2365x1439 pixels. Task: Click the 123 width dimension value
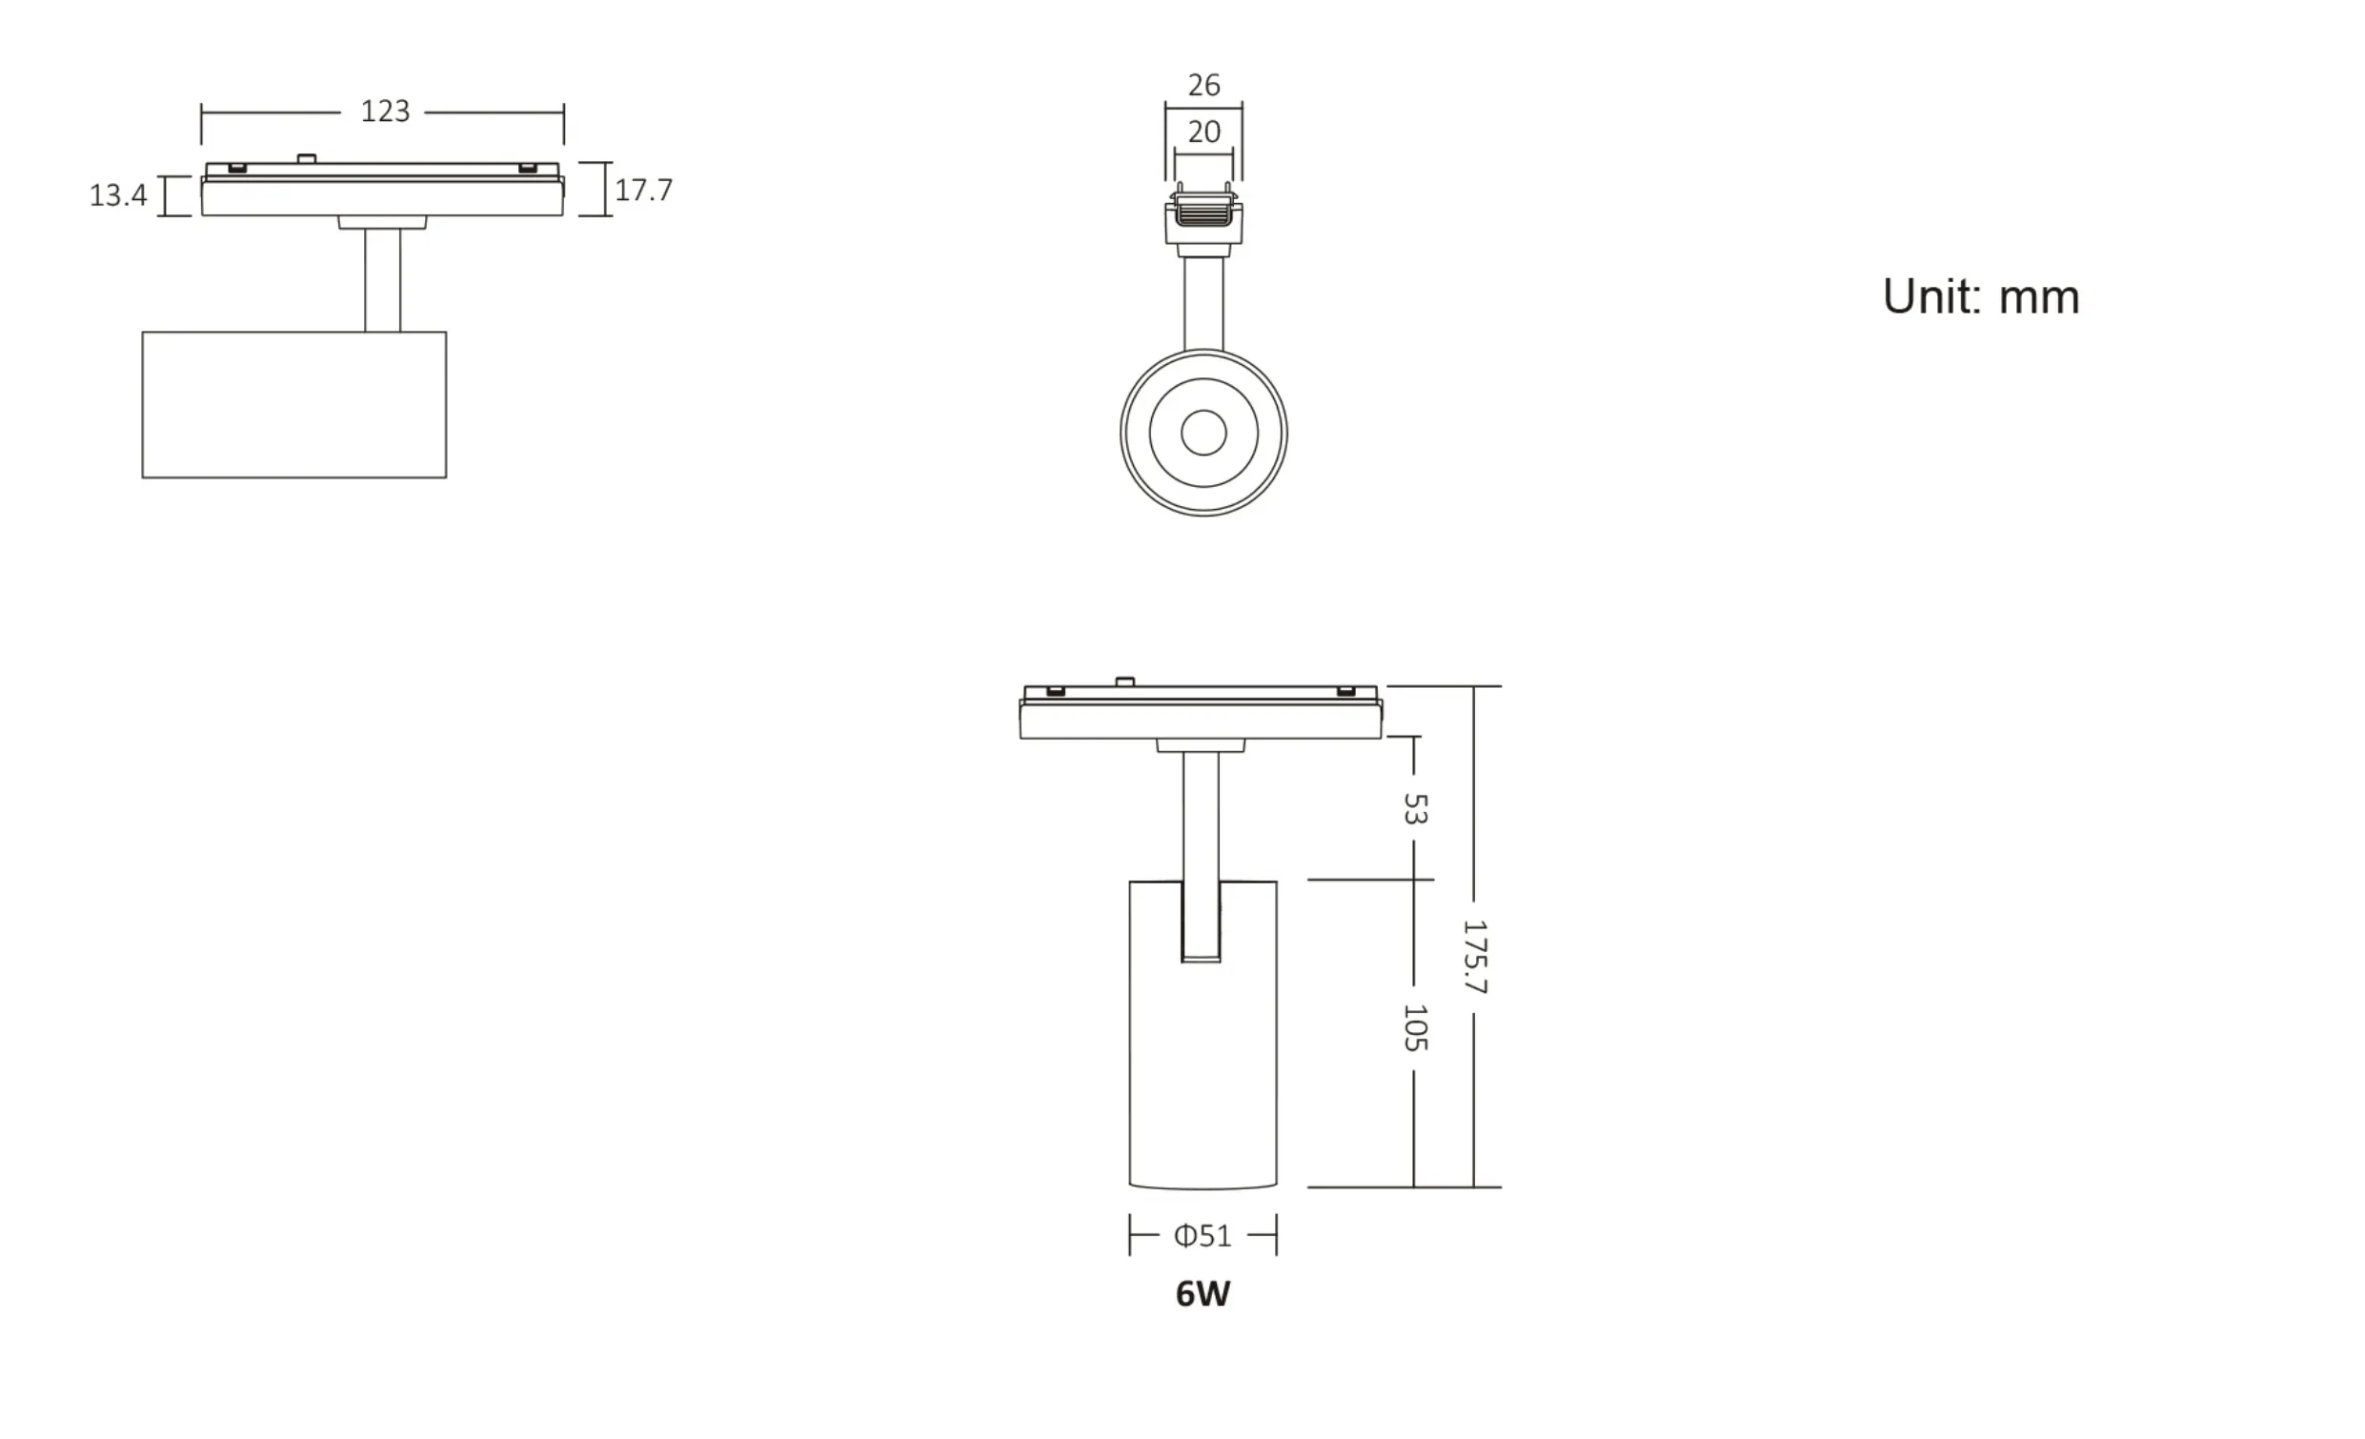click(385, 111)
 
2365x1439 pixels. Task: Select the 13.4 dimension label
click(118, 195)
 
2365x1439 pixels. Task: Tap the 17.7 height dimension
click(643, 190)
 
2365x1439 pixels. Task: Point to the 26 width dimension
click(1203, 86)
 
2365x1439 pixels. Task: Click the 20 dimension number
click(1203, 132)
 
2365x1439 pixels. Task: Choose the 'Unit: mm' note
click(1980, 296)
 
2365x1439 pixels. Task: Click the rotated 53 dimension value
click(1415, 808)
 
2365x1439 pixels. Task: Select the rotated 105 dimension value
click(1415, 1027)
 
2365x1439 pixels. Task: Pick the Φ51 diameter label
click(1203, 1235)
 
